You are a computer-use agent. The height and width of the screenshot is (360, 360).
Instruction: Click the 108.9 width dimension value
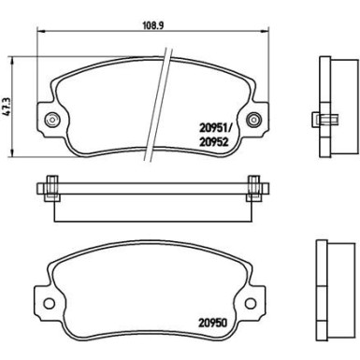point(153,25)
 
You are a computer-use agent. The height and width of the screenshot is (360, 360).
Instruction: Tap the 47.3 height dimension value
point(7,107)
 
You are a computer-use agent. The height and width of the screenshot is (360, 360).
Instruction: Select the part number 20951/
point(216,127)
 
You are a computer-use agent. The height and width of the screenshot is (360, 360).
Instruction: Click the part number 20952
point(214,142)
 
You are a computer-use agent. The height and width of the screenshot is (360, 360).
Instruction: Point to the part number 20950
point(213,323)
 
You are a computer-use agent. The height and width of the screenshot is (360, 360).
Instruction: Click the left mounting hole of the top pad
point(51,120)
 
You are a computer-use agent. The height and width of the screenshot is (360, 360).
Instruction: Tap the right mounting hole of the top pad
point(254,120)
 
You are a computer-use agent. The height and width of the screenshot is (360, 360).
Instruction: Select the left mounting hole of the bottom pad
point(49,303)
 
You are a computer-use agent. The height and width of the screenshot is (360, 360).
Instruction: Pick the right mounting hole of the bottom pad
point(251,303)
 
